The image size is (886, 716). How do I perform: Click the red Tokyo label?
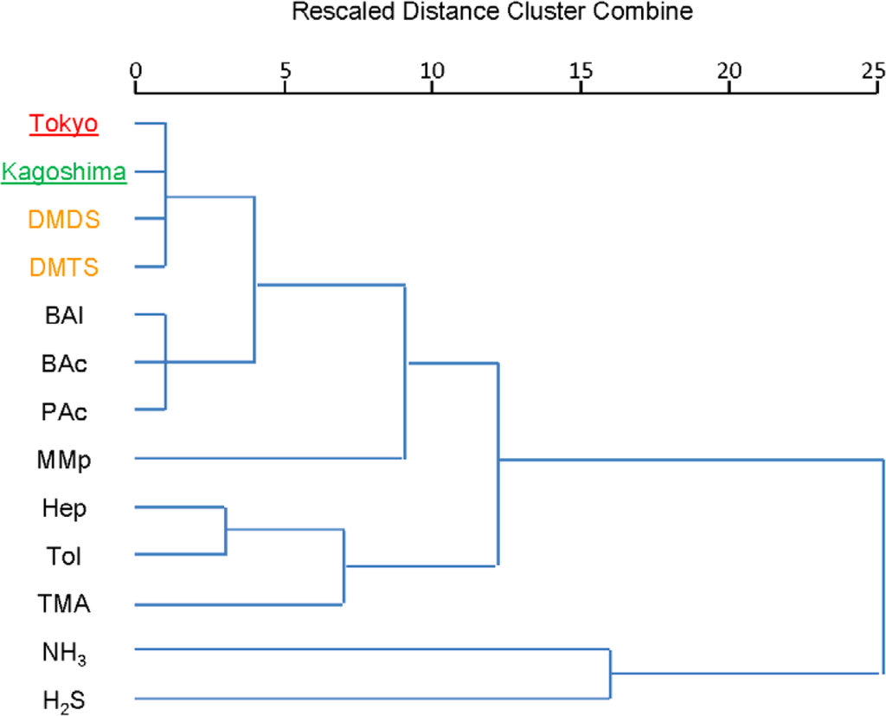(64, 124)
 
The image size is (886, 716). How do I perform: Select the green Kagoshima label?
(64, 172)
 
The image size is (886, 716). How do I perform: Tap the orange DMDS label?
(64, 220)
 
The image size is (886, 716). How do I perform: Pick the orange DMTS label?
(64, 268)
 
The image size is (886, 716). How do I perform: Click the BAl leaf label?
(64, 315)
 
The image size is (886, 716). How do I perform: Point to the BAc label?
(64, 364)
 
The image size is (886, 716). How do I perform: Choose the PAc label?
(64, 411)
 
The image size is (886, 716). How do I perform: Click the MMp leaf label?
(64, 459)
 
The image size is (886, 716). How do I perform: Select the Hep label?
(64, 507)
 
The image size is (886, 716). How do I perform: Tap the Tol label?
(64, 555)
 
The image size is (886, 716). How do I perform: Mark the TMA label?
(64, 603)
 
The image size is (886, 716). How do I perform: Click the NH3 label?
(64, 651)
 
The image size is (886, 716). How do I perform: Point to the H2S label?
(64, 700)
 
